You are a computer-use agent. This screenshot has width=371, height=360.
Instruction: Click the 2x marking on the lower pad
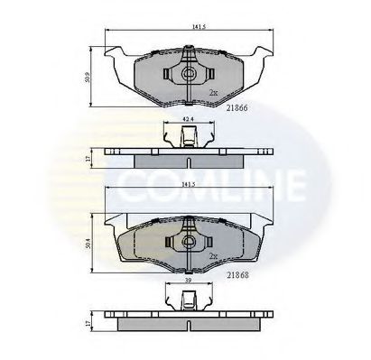(x=214, y=257)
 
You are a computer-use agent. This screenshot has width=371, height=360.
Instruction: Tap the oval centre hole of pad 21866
(x=189, y=75)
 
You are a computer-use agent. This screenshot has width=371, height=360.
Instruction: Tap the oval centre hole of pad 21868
(x=189, y=242)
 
